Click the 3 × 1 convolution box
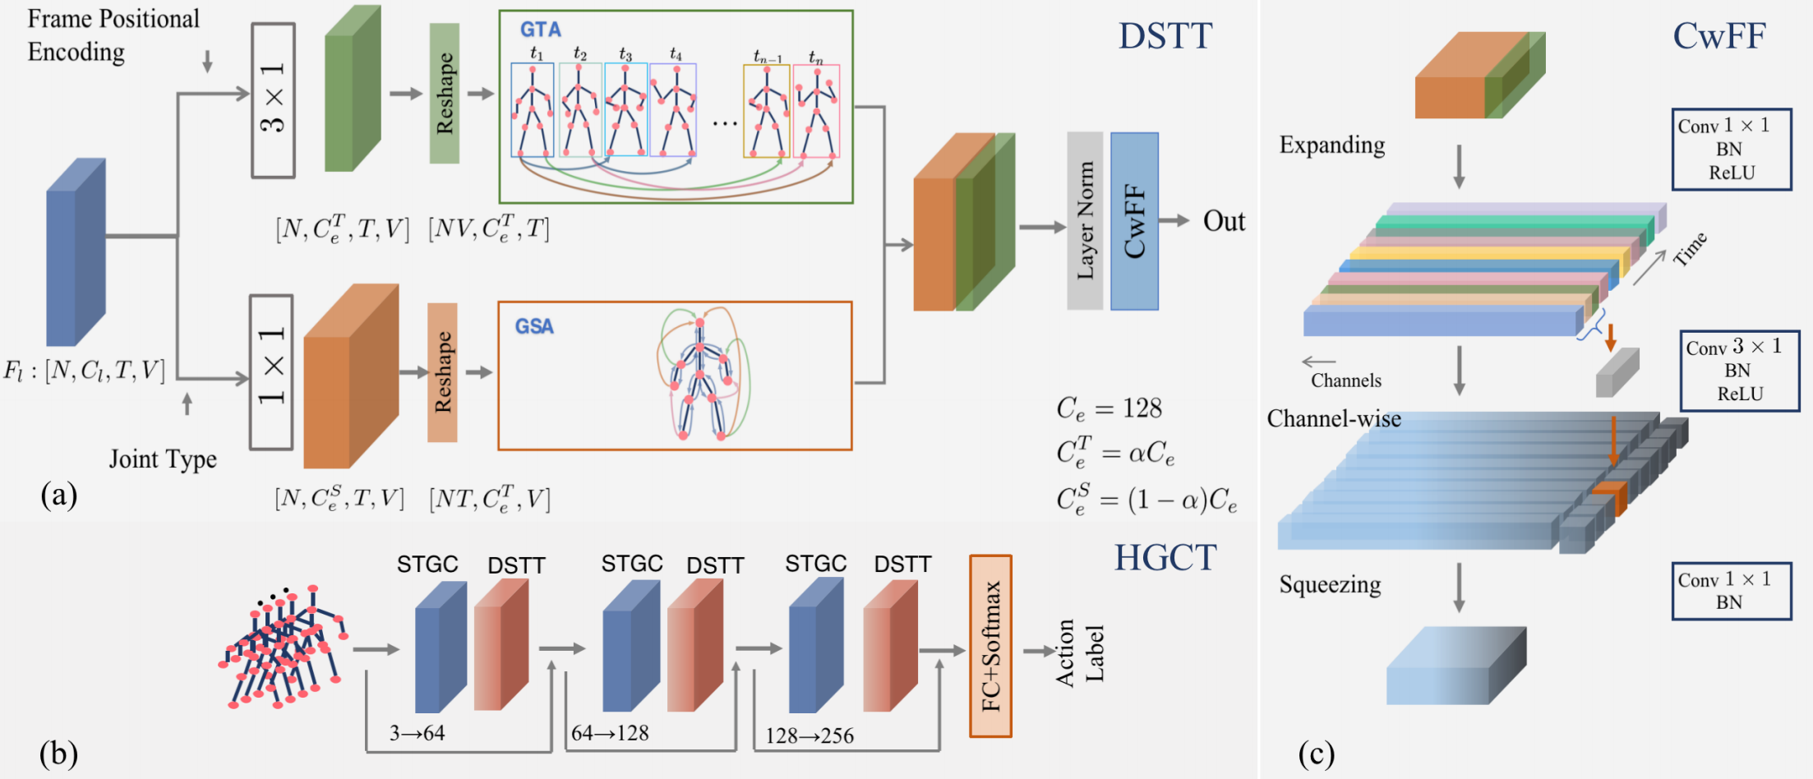(273, 99)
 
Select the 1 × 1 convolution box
(271, 371)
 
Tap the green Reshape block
(445, 93)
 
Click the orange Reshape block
(442, 372)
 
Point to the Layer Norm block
(1085, 221)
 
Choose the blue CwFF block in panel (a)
(1134, 221)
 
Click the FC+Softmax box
(990, 646)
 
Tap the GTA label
(540, 30)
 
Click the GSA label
(534, 327)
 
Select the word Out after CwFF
(1224, 222)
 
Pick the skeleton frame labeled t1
(533, 109)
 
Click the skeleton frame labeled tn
(816, 110)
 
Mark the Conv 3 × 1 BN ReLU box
(1739, 371)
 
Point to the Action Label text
(1079, 653)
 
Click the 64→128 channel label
(610, 733)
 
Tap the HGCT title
(1165, 559)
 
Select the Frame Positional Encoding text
(113, 35)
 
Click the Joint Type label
(163, 459)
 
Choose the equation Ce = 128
(1109, 408)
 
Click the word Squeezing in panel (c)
(1330, 585)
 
